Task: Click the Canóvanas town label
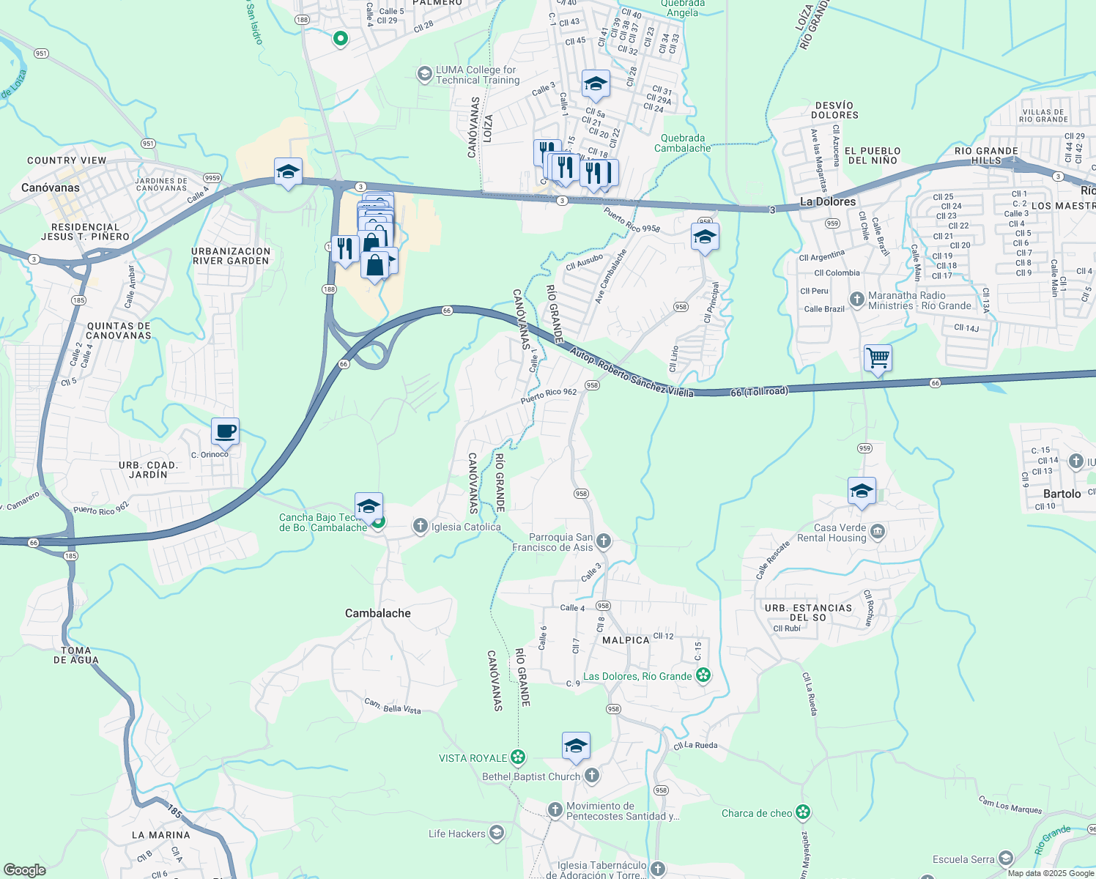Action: (x=51, y=188)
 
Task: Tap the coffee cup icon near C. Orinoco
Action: (x=225, y=431)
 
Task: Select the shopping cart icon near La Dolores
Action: (x=878, y=358)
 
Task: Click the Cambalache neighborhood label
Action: (x=378, y=613)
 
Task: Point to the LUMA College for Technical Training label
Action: (x=477, y=75)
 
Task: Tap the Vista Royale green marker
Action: (x=519, y=757)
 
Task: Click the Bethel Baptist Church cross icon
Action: (x=592, y=775)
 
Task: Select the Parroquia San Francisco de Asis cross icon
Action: (x=603, y=541)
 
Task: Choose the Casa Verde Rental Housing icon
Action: (x=878, y=532)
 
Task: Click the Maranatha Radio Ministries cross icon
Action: (x=856, y=299)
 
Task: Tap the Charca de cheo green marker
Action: (x=804, y=812)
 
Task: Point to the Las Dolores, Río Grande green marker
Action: (x=703, y=675)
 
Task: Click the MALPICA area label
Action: (x=626, y=640)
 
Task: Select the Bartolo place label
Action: (x=1062, y=494)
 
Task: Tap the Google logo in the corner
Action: (x=24, y=870)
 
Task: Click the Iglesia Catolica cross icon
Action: (x=421, y=525)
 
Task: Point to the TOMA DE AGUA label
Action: (x=76, y=655)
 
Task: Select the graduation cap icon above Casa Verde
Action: (x=862, y=491)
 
